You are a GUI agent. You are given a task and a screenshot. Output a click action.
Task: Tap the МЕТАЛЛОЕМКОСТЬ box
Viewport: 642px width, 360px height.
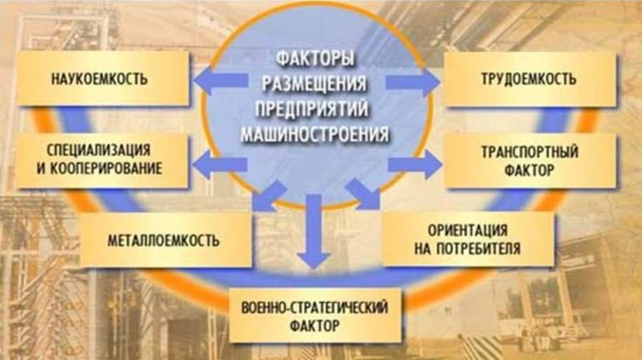(164, 240)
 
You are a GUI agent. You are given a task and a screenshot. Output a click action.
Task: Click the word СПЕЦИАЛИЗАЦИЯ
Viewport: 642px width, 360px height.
(98, 151)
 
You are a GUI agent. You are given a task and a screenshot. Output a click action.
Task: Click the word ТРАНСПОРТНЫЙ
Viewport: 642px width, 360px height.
(530, 152)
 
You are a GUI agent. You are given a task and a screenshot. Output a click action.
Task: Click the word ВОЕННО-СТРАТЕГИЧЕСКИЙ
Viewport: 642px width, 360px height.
(315, 308)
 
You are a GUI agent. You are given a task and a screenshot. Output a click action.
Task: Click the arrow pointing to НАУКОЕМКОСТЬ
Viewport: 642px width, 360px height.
(219, 80)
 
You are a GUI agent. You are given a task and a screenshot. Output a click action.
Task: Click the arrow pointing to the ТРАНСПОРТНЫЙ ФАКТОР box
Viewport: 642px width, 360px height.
(414, 164)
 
